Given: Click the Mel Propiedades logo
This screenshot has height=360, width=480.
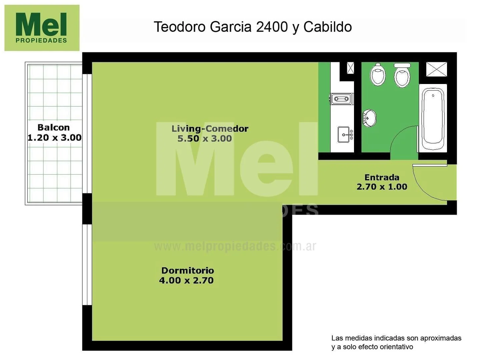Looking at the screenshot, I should [42, 28].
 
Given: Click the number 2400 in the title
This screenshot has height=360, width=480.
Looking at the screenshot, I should [272, 27].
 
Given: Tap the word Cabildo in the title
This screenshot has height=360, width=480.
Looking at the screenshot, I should [327, 27].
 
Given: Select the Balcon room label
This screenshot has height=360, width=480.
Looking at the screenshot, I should [53, 127].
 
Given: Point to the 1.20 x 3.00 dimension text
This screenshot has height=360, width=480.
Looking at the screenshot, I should [54, 138].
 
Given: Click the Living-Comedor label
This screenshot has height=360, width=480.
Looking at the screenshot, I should [210, 129].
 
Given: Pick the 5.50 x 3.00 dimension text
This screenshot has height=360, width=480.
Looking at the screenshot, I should [204, 139].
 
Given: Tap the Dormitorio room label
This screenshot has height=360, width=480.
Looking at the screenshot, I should [187, 270].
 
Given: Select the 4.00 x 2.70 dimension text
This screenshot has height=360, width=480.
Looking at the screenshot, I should [186, 280].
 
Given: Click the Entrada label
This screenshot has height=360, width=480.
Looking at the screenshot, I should [382, 177].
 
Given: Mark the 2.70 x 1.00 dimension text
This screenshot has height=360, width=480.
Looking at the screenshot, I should [382, 187].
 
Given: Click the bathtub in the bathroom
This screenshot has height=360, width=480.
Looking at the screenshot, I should [433, 118].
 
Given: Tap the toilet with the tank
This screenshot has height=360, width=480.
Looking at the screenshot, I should [402, 75].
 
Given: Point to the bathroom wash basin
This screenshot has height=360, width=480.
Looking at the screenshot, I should [369, 118].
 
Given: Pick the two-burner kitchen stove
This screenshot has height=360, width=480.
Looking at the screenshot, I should [341, 99].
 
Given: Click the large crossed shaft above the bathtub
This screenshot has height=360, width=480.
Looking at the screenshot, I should [436, 69].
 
